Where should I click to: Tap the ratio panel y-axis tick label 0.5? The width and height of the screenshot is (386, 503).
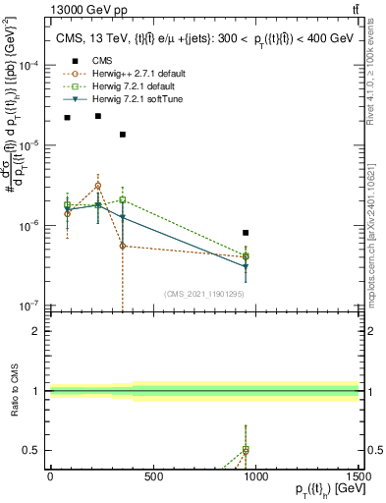[31, 451]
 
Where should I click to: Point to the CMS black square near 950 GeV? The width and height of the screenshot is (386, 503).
[246, 233]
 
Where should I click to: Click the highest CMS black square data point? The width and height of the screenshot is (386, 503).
[97, 116]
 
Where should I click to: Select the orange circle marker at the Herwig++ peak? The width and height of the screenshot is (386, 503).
[97, 185]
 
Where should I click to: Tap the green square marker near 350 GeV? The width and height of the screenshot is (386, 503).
[123, 199]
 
